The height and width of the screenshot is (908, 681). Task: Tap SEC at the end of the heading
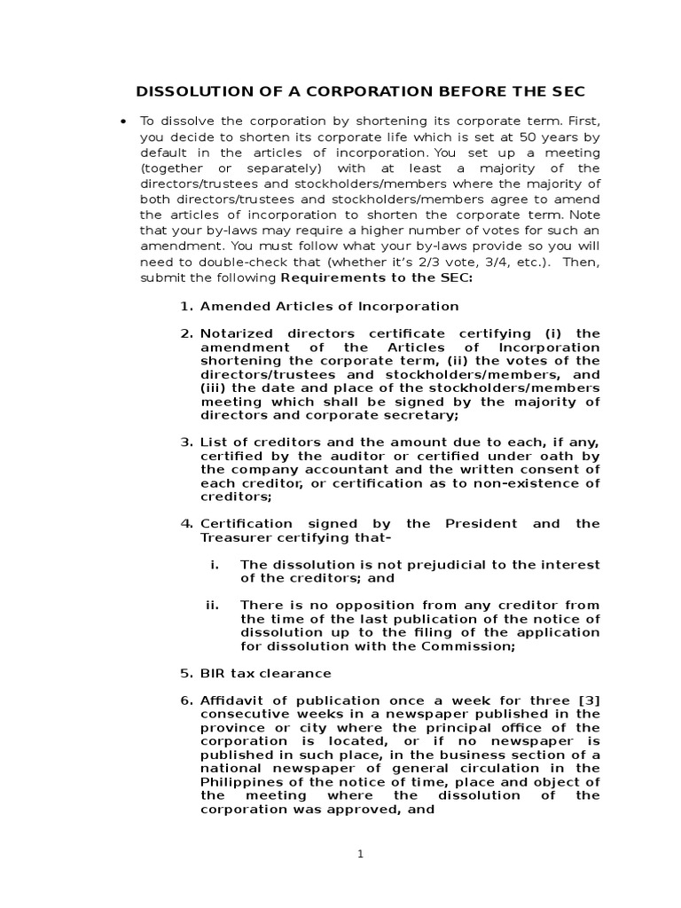566,91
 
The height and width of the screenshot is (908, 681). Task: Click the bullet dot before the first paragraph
122,121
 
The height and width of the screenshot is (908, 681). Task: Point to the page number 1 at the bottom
360,854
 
